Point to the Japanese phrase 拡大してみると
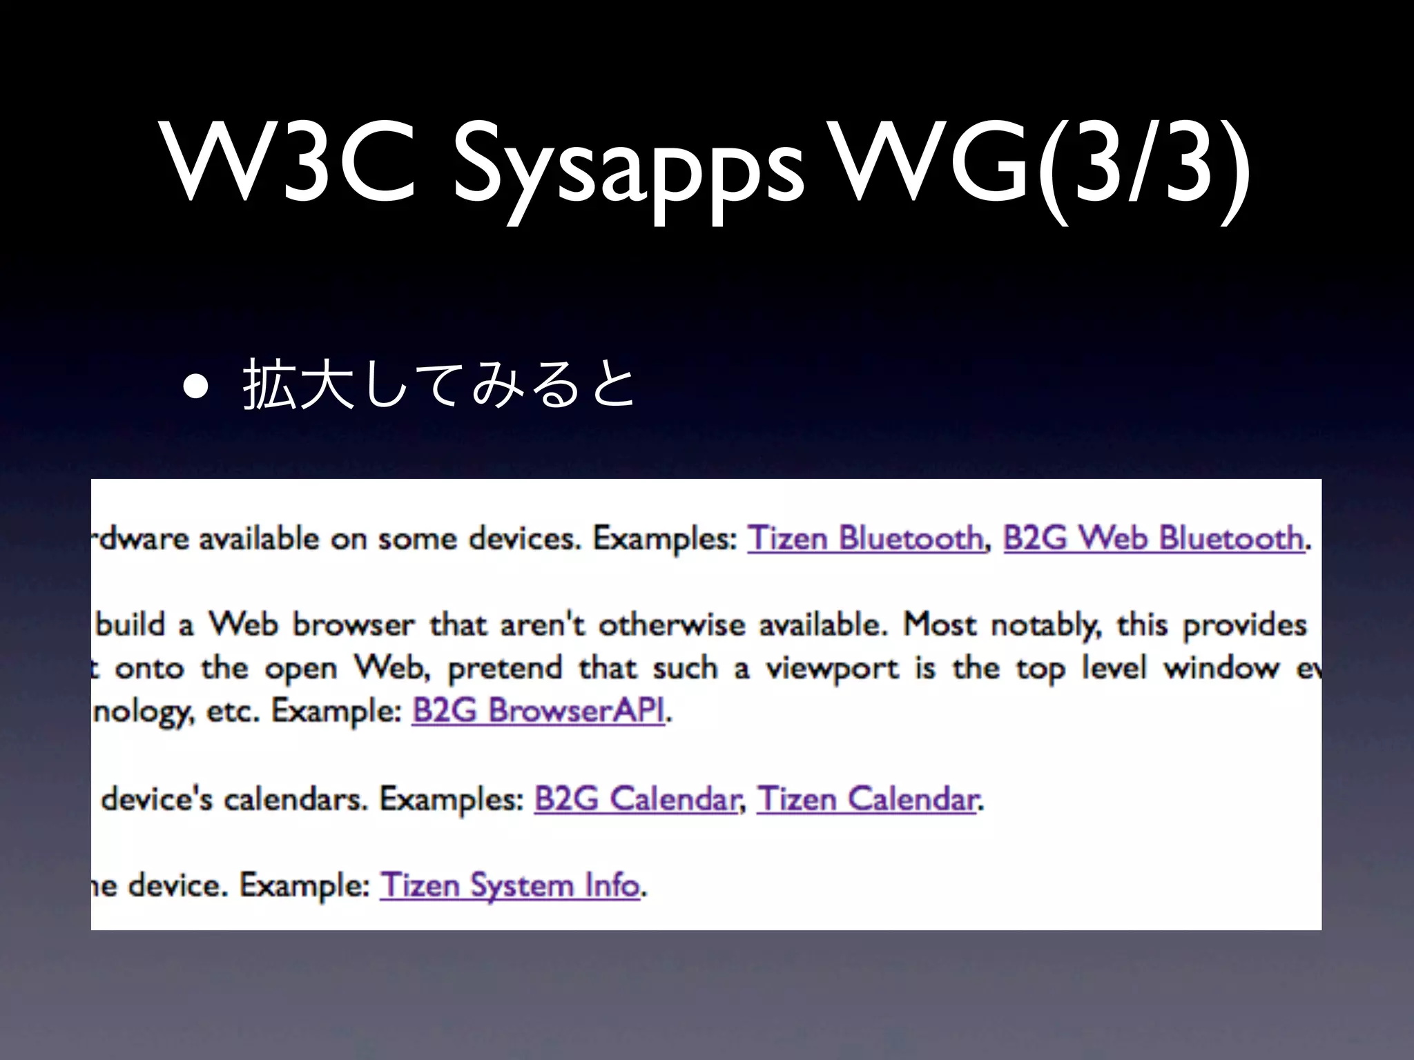pyautogui.click(x=439, y=385)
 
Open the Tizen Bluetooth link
pyautogui.click(x=865, y=538)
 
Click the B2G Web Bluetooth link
pyautogui.click(x=1153, y=538)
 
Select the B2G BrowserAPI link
pyautogui.click(x=539, y=710)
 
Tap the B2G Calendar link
pyautogui.click(x=636, y=799)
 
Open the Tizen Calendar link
pyautogui.click(x=867, y=799)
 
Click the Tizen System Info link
pyautogui.click(x=510, y=885)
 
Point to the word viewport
pyautogui.click(x=832, y=668)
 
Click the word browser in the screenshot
pyautogui.click(x=353, y=625)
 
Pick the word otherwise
pyautogui.click(x=671, y=625)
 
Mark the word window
pyautogui.click(x=1221, y=668)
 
